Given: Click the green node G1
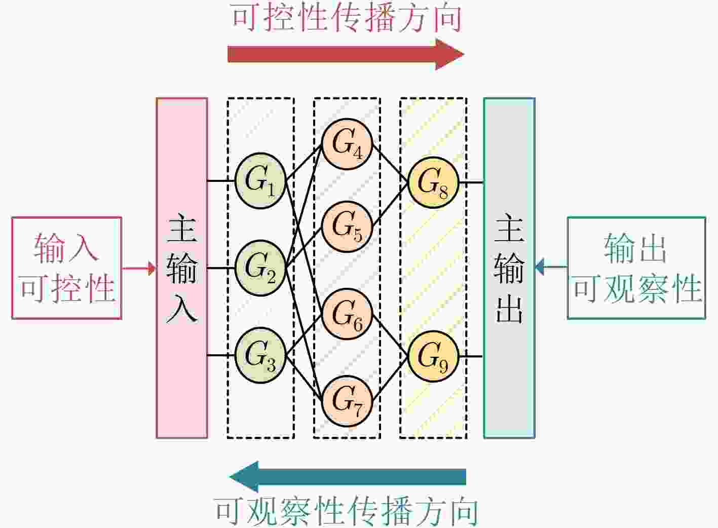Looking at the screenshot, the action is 260,181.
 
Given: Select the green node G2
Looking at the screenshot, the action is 260,268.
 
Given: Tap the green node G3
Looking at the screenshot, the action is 260,355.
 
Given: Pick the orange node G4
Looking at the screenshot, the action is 347,144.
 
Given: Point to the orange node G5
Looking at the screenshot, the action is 347,227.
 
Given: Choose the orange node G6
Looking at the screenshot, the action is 347,314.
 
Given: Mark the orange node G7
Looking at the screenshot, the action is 347,401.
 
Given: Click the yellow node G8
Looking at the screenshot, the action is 433,183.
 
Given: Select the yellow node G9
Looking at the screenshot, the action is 433,356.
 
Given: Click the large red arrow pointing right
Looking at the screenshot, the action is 346,54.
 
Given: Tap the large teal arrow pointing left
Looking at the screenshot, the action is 348,477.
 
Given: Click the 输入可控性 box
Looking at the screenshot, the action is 67,268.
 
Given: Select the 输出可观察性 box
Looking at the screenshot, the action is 636,268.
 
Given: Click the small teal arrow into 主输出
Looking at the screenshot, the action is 551,267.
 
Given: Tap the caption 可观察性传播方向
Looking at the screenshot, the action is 346,511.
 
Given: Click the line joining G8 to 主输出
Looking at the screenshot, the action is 471,183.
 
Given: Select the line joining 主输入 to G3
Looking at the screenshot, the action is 221,355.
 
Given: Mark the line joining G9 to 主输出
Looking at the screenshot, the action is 471,356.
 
